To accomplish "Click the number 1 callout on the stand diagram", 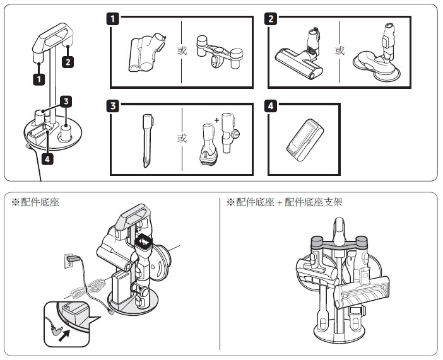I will [x=40, y=79].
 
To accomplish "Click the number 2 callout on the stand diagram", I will [x=68, y=62].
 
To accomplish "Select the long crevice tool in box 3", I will [x=146, y=140].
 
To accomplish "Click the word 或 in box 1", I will [x=182, y=50].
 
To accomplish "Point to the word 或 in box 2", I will [x=340, y=50].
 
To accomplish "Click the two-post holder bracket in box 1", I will [x=218, y=54].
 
